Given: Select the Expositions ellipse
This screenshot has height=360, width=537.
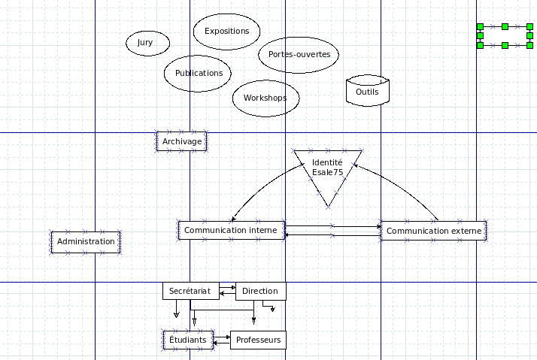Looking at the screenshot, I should (x=226, y=32).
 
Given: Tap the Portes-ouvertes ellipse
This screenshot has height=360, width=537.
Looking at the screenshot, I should (x=299, y=54).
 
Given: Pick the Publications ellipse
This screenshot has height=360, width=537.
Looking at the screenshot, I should (x=198, y=73).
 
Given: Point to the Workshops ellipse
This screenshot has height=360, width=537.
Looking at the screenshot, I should (x=265, y=98).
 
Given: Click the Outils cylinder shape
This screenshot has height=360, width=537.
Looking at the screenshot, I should (x=367, y=91).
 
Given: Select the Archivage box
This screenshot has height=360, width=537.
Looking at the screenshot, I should (x=181, y=141).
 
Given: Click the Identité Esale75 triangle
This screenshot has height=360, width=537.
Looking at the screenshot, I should (x=327, y=167).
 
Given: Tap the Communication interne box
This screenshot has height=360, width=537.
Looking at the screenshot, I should (x=231, y=230).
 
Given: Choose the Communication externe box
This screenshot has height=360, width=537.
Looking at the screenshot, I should (x=434, y=231).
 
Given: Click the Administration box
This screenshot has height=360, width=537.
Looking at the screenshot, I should (x=86, y=242).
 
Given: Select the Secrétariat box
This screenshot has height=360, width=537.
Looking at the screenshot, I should (x=190, y=291).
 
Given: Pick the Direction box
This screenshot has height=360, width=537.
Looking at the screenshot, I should (x=260, y=291).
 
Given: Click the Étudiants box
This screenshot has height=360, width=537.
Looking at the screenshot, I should (x=188, y=340).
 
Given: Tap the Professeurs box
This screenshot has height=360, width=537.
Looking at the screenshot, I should (x=258, y=340).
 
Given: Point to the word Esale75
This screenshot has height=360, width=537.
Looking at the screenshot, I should (x=327, y=172).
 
